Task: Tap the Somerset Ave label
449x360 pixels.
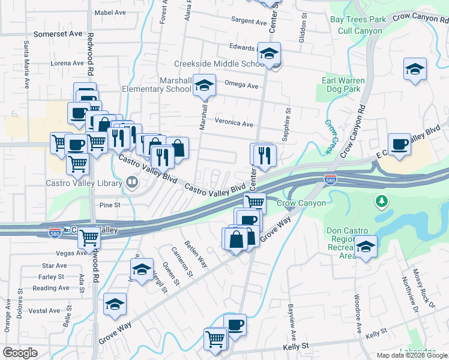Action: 58,34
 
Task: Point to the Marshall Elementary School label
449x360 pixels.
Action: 175,85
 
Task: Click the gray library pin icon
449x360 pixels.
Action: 132,181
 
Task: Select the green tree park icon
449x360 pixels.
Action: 381,201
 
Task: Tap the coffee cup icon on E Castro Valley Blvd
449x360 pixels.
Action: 399,144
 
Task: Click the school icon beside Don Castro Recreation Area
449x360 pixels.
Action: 365,246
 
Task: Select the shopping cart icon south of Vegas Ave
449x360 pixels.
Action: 89,238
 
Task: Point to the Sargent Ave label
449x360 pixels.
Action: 249,22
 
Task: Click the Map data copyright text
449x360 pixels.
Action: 411,355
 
